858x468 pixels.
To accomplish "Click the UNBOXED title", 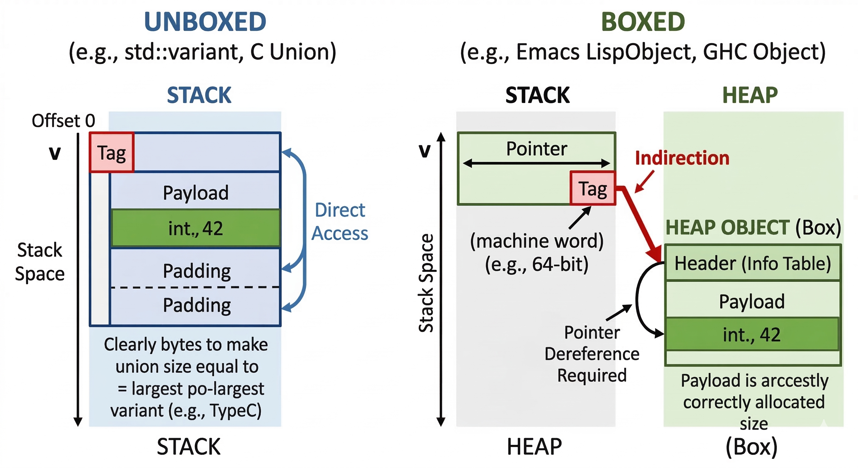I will (205, 22).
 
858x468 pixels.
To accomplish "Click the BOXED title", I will (643, 22).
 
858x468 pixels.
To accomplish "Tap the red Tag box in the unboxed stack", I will (112, 153).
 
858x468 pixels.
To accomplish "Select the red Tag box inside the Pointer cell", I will (593, 188).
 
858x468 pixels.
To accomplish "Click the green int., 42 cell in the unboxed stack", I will (196, 229).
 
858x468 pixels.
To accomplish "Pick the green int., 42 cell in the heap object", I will (752, 335).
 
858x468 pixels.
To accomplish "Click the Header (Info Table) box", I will (752, 263).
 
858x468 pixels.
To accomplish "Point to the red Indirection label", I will (682, 158).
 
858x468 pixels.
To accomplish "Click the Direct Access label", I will (340, 221).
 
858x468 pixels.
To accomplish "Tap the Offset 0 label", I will (63, 121).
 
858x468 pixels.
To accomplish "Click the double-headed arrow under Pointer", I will (536, 163).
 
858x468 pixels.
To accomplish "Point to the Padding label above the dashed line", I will (197, 271).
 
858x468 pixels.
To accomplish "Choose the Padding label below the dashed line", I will (197, 305).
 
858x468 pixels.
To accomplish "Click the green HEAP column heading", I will (750, 95).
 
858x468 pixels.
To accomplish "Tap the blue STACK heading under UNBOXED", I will (199, 95).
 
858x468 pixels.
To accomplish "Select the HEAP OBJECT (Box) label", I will (753, 228).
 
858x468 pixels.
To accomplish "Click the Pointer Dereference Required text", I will (592, 354).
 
